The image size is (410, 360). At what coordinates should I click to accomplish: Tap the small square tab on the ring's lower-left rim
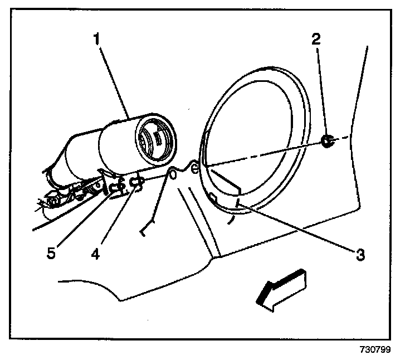pyautogui.click(x=212, y=196)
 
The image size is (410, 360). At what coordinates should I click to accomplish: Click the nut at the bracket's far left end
pyautogui.click(x=52, y=197)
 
